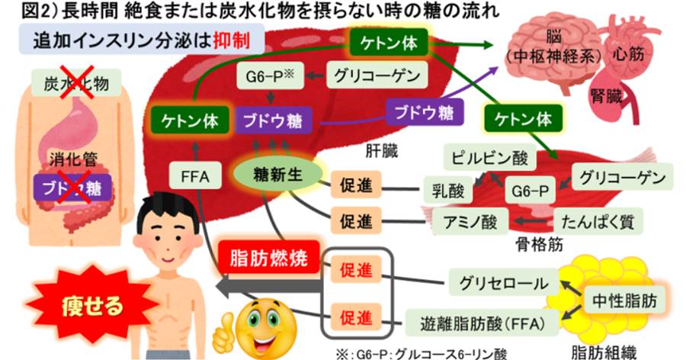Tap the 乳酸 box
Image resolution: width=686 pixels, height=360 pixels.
[444, 188]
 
